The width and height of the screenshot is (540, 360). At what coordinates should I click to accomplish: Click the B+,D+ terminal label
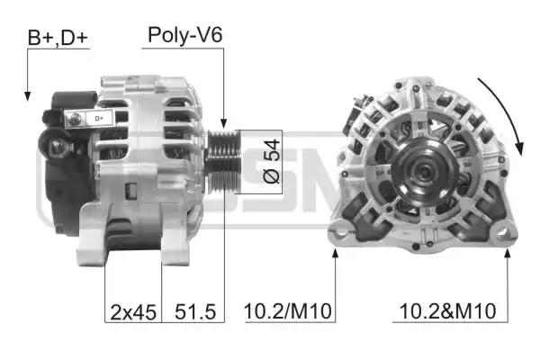click(58, 38)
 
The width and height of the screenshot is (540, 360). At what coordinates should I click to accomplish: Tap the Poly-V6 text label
click(184, 35)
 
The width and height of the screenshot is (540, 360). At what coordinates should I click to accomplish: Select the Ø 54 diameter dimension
click(271, 161)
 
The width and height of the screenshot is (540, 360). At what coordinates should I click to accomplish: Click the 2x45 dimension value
click(133, 312)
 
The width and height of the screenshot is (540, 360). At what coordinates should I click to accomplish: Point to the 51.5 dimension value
click(195, 311)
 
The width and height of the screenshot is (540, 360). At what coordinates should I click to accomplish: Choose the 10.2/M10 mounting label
click(288, 311)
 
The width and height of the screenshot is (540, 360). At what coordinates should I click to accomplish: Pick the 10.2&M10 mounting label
click(447, 311)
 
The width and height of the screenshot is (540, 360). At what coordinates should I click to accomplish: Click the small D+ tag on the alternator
click(99, 119)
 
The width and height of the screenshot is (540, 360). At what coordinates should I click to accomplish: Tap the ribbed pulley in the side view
click(222, 161)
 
